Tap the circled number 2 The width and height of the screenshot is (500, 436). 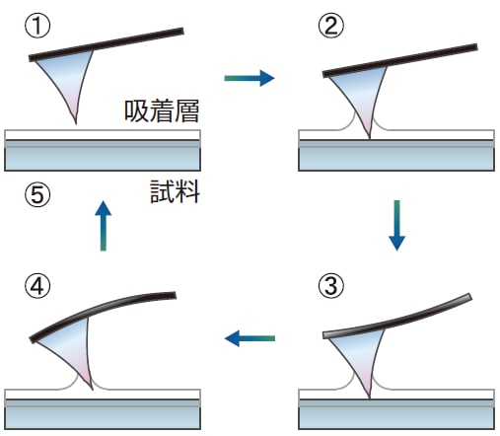click(331, 24)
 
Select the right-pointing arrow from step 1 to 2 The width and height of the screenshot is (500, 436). click(249, 76)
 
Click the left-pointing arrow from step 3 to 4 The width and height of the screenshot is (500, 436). click(249, 338)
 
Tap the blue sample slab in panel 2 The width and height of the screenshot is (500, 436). click(396, 158)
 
